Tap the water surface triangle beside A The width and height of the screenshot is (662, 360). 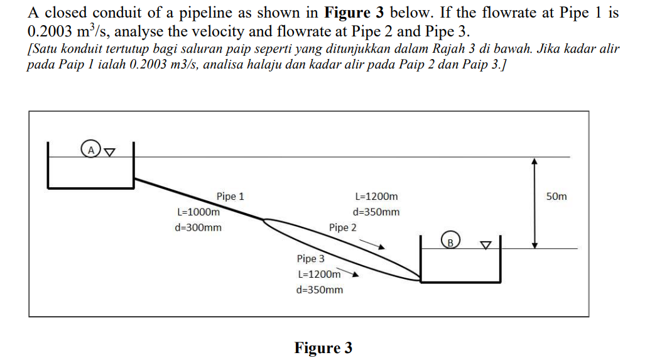(x=109, y=151)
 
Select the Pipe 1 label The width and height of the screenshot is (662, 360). (x=231, y=196)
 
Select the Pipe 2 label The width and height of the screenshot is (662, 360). (x=342, y=227)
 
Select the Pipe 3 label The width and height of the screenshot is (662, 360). (x=310, y=258)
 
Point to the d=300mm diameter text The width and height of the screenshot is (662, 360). (x=198, y=227)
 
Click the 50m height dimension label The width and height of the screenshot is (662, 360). (x=556, y=197)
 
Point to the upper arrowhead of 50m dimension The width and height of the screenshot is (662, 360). (x=534, y=161)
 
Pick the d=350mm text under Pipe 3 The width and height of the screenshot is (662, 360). (x=319, y=290)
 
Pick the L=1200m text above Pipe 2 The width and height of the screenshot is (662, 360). (x=376, y=197)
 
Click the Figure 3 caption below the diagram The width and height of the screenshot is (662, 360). (x=323, y=347)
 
